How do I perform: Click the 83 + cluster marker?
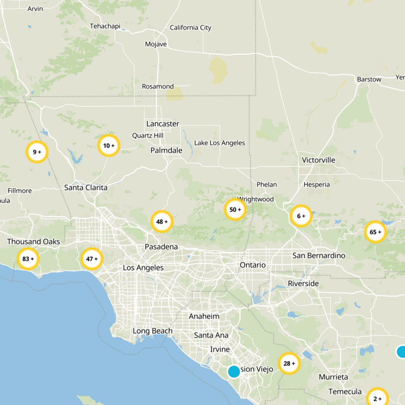pyautogui.click(x=27, y=259)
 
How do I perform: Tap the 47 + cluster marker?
pyautogui.click(x=92, y=259)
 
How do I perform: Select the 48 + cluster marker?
pyautogui.click(x=162, y=221)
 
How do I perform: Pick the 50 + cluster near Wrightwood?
pyautogui.click(x=235, y=209)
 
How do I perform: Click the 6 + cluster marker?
pyautogui.click(x=301, y=216)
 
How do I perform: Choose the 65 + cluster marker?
pyautogui.click(x=375, y=232)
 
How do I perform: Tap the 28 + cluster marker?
pyautogui.click(x=289, y=363)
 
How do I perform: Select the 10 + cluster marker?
pyautogui.click(x=108, y=146)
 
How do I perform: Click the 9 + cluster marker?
pyautogui.click(x=37, y=151)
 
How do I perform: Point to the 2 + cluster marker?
pyautogui.click(x=377, y=398)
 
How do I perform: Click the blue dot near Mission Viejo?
pyautogui.click(x=234, y=372)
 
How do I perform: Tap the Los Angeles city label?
pyautogui.click(x=143, y=267)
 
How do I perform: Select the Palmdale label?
pyautogui.click(x=166, y=150)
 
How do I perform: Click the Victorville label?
pyautogui.click(x=318, y=160)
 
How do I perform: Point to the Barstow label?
pyautogui.click(x=369, y=79)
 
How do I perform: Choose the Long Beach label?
pyautogui.click(x=152, y=331)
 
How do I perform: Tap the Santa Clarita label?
pyautogui.click(x=86, y=187)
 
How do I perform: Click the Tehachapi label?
pyautogui.click(x=105, y=26)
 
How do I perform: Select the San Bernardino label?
pyautogui.click(x=319, y=256)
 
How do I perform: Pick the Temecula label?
pyautogui.click(x=345, y=391)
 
